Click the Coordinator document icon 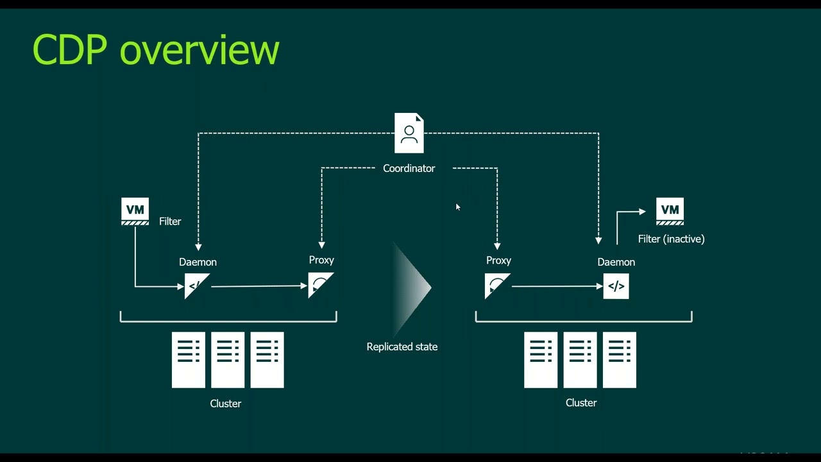[x=409, y=133]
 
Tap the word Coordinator [x=409, y=168]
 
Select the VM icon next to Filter [x=135, y=212]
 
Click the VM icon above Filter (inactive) [x=670, y=212]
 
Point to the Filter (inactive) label [x=671, y=239]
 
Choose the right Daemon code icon [x=616, y=286]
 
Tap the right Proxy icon [x=497, y=286]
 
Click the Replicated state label [x=402, y=346]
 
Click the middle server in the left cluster [x=228, y=360]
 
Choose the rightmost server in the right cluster [x=619, y=360]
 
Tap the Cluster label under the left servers [x=225, y=404]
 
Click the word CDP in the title [x=69, y=49]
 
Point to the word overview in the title [x=199, y=49]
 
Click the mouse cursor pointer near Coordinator [x=457, y=207]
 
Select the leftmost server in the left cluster [x=188, y=360]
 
